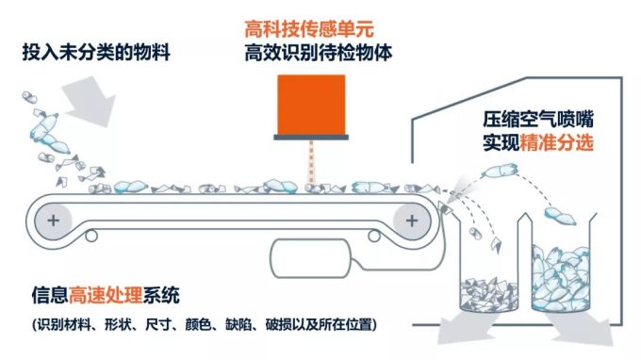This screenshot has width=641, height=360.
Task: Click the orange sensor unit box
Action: (x=311, y=105)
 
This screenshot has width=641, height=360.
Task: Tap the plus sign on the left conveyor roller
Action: (x=53, y=221)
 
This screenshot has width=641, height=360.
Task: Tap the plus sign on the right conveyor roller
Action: (x=412, y=221)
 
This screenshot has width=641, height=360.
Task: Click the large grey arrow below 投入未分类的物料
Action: (x=89, y=102)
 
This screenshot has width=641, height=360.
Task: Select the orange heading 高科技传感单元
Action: (x=309, y=29)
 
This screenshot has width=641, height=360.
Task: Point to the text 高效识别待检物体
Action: (x=318, y=53)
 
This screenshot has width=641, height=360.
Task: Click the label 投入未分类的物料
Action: (x=96, y=53)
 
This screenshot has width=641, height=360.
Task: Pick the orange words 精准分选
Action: (x=556, y=142)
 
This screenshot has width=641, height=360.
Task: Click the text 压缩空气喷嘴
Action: (x=538, y=120)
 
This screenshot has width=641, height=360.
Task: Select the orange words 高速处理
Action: (x=106, y=295)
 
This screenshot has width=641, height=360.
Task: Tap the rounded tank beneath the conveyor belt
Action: (x=311, y=258)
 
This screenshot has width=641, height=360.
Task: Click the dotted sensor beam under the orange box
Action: (x=311, y=162)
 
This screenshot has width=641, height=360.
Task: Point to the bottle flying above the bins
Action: (x=500, y=171)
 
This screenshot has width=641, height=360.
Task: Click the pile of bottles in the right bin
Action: (x=561, y=278)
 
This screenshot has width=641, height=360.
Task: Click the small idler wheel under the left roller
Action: (x=91, y=236)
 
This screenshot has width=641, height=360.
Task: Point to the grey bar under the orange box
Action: (x=311, y=138)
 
